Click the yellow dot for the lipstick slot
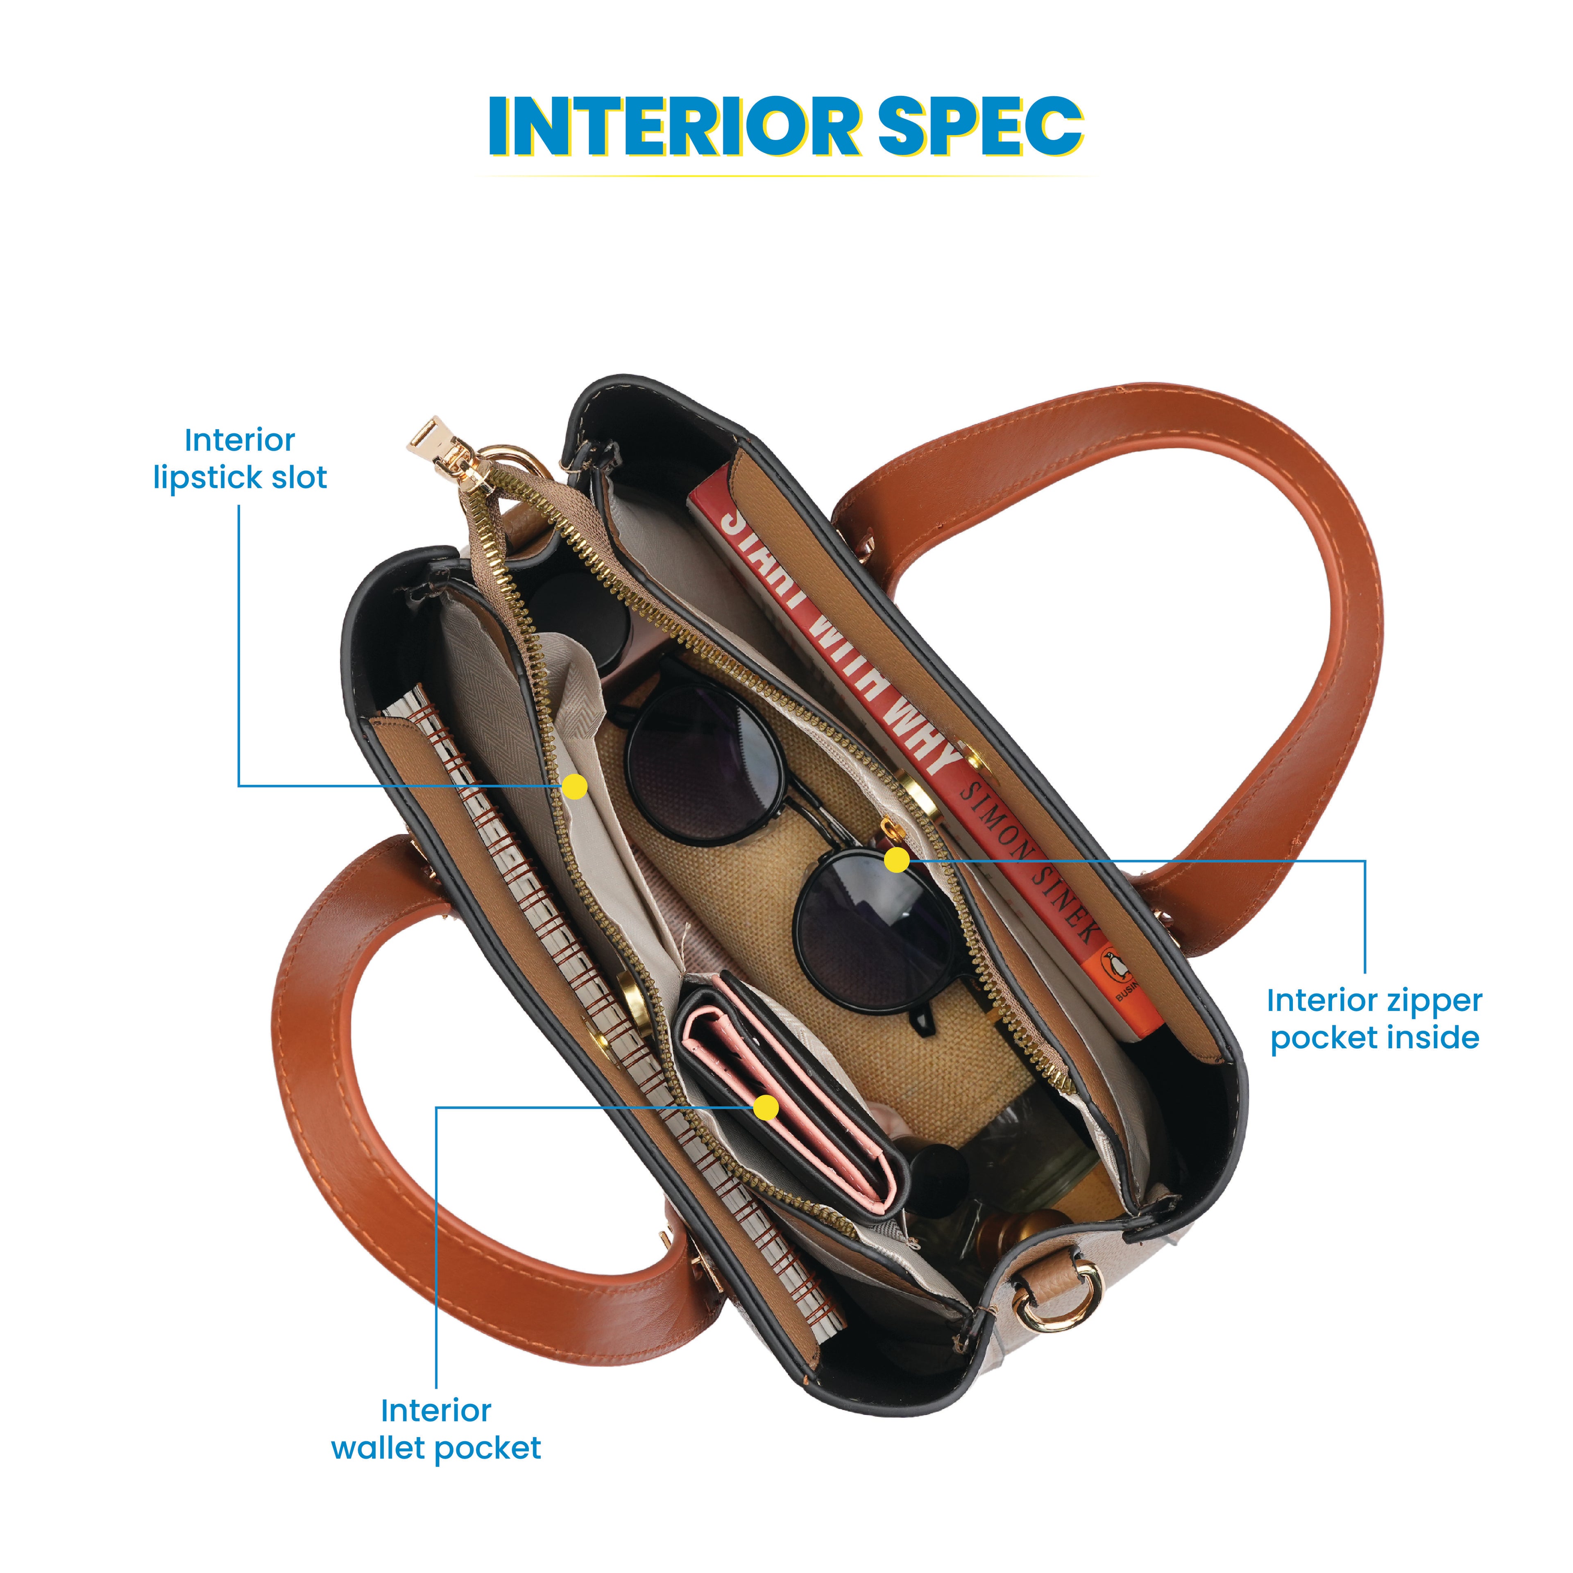575,786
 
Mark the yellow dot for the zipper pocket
896,860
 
